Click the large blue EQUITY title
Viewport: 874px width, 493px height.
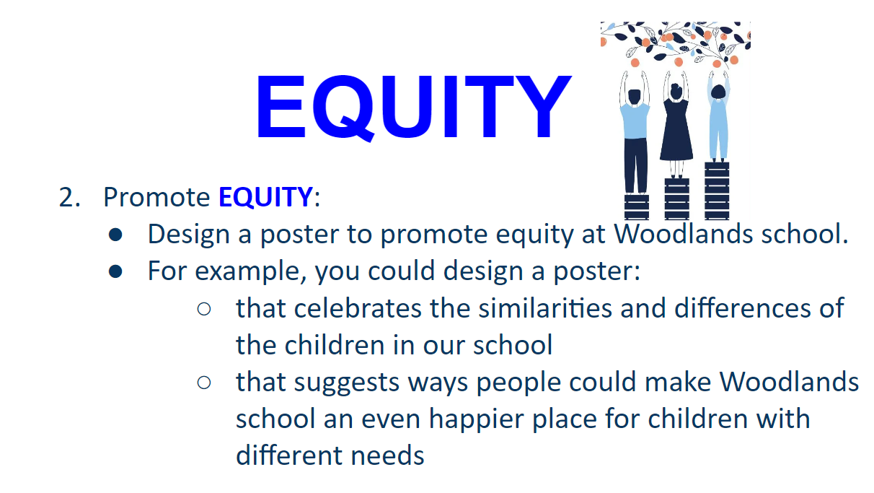(414, 107)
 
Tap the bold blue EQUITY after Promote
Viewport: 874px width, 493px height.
(265, 197)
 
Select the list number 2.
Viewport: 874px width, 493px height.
(69, 197)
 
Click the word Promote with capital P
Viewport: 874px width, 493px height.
(156, 197)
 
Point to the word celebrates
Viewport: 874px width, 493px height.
(358, 308)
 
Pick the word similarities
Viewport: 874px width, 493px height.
(545, 308)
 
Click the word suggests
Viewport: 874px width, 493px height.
(346, 383)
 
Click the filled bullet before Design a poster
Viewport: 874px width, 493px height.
(115, 235)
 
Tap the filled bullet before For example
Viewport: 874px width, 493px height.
(115, 271)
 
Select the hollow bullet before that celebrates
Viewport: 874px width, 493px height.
(204, 310)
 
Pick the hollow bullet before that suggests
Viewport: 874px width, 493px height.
(204, 383)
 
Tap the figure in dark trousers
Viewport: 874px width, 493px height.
(635, 133)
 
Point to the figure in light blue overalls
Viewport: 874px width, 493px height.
(718, 117)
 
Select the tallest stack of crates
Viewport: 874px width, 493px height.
(717, 191)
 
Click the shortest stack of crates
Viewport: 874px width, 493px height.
(636, 206)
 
